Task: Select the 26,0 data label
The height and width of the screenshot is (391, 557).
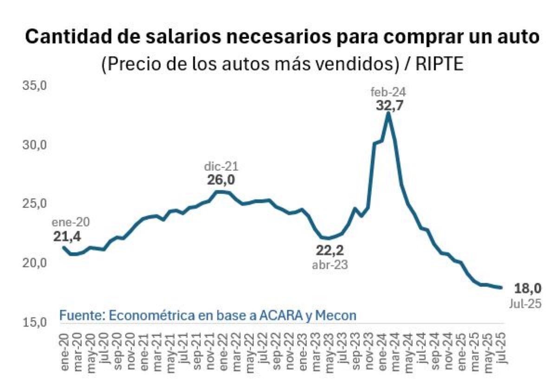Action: (x=221, y=180)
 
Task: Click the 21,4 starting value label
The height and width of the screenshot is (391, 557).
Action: (x=67, y=237)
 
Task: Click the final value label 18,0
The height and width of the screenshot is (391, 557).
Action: (x=528, y=288)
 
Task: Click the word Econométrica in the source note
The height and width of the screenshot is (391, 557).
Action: (x=152, y=316)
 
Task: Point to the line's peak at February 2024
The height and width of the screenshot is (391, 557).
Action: (x=388, y=114)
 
